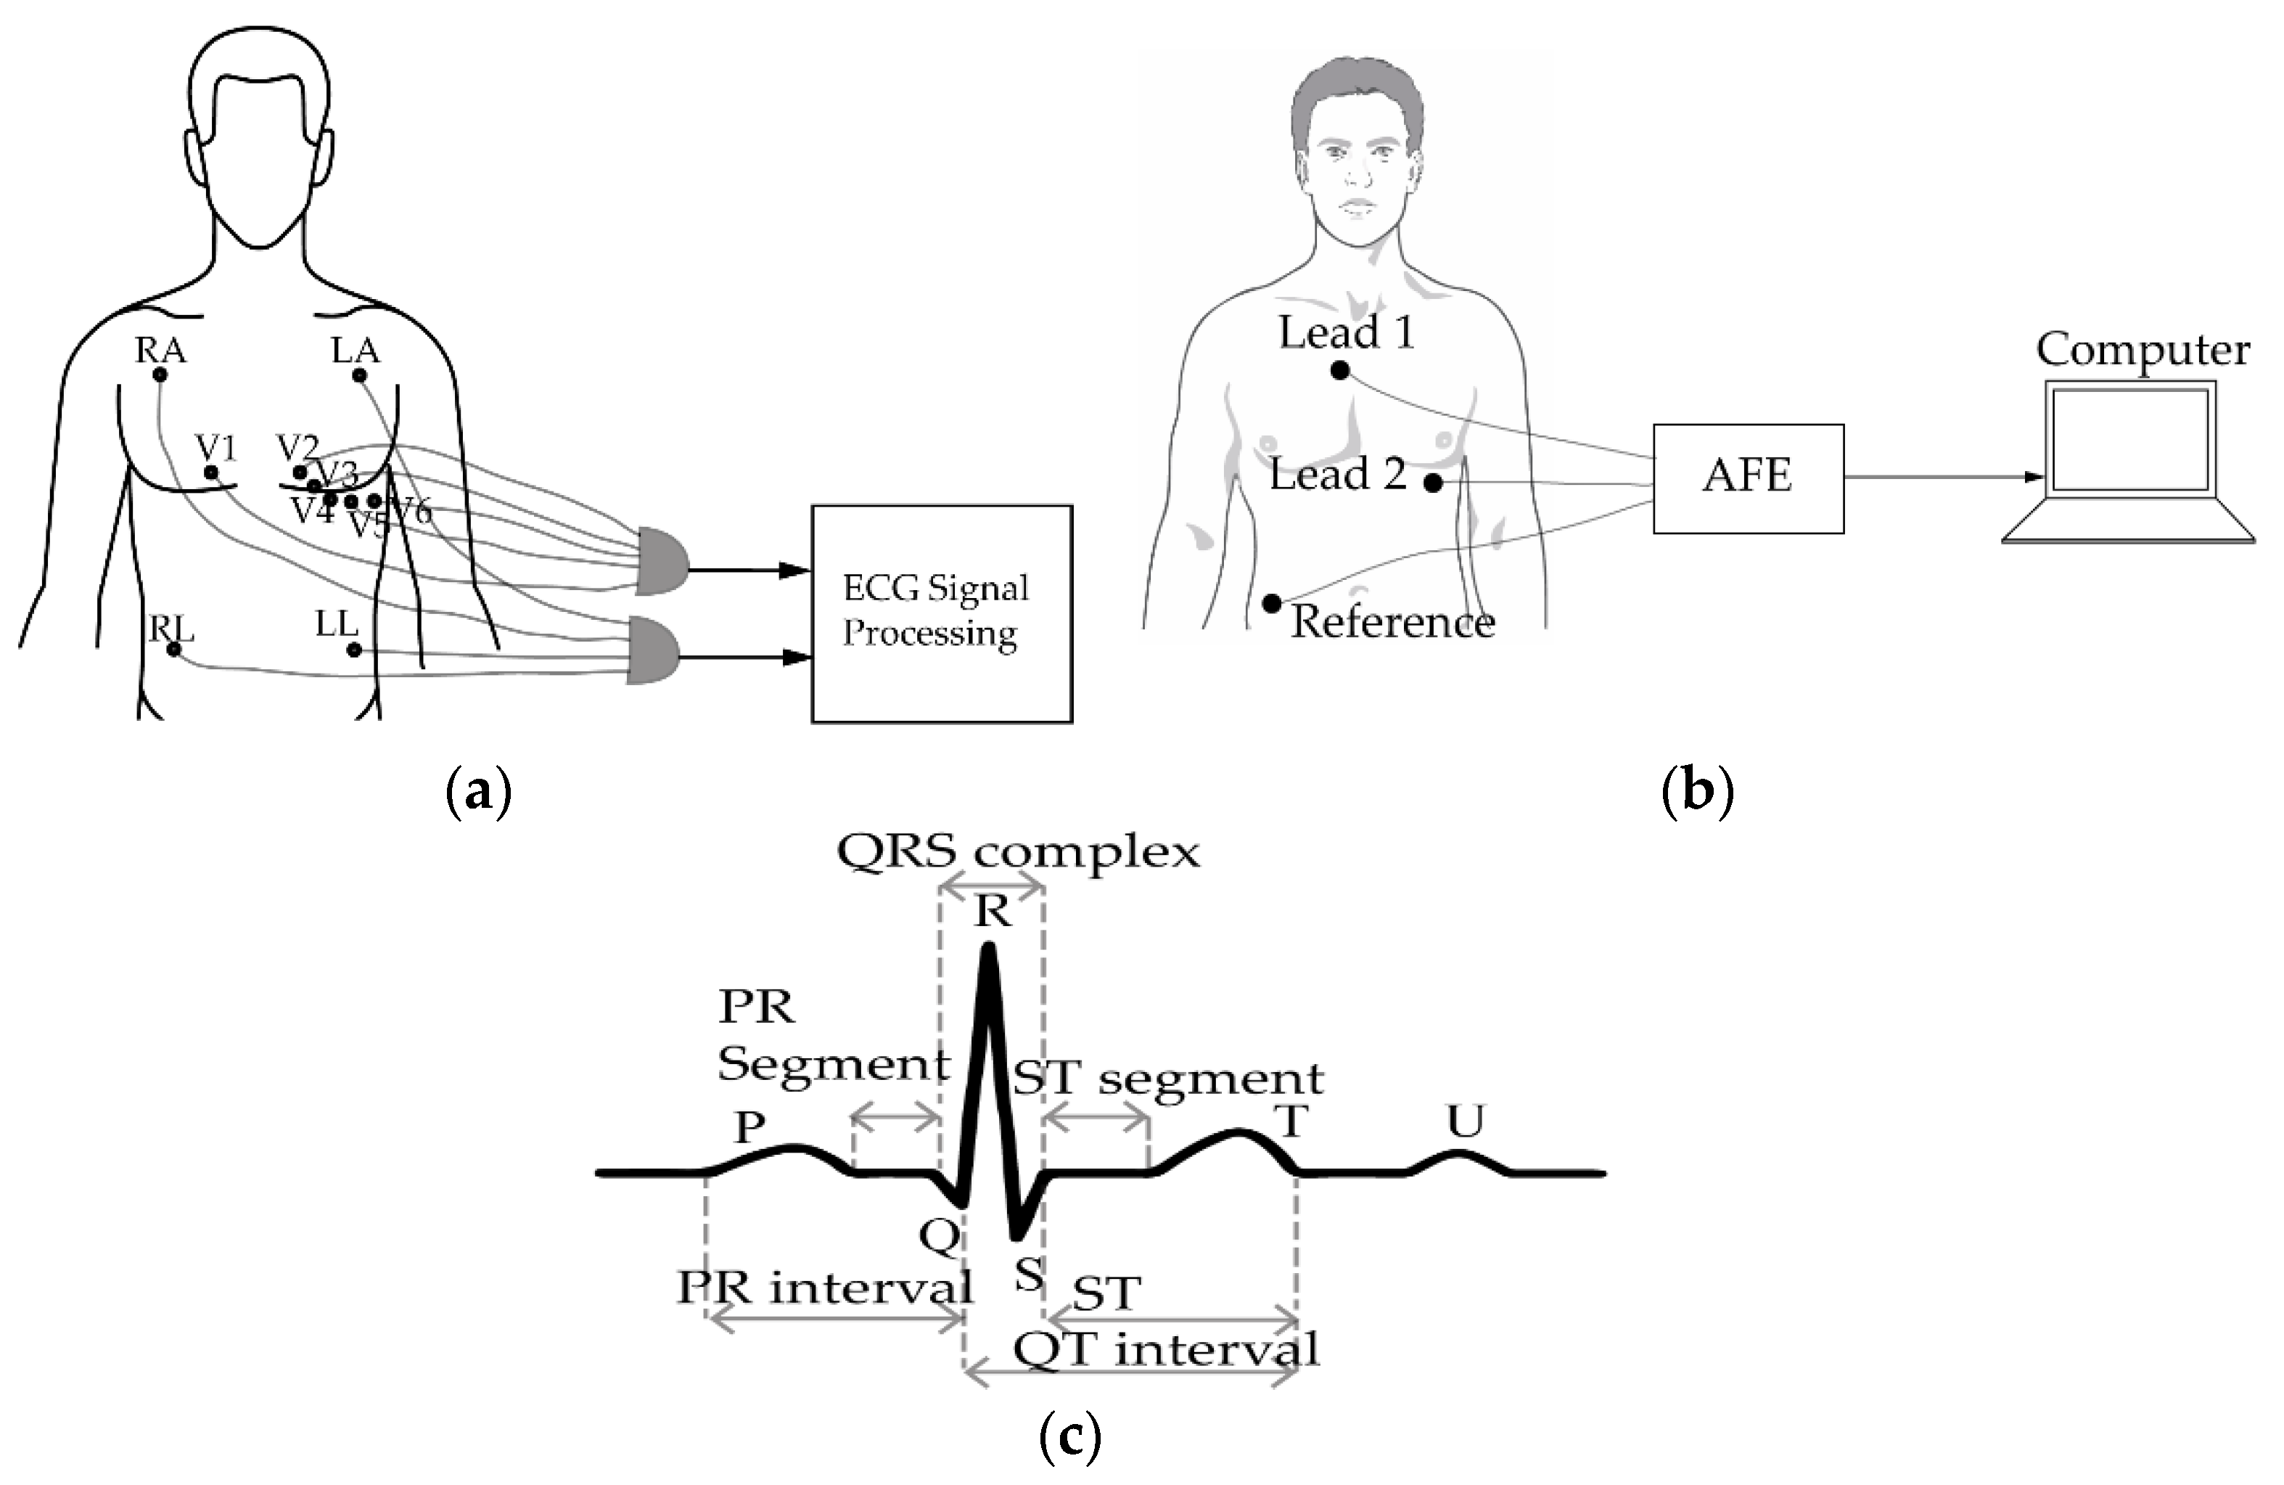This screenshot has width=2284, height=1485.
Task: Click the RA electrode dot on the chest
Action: (x=160, y=375)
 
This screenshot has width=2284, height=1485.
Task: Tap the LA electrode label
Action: (x=355, y=351)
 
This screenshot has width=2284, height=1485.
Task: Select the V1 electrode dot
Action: (x=211, y=472)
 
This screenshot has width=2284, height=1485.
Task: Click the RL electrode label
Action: (x=172, y=629)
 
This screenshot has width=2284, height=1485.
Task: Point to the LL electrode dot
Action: (x=353, y=650)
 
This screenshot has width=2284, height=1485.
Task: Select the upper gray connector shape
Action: (x=660, y=560)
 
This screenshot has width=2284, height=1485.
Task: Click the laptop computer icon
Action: (x=2129, y=461)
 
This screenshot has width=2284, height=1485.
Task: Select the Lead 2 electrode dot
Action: (x=1431, y=483)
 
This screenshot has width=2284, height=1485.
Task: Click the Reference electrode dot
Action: (x=1272, y=604)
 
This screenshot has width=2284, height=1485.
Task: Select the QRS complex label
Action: (x=1018, y=851)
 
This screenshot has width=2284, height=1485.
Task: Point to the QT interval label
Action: (x=1166, y=1350)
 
